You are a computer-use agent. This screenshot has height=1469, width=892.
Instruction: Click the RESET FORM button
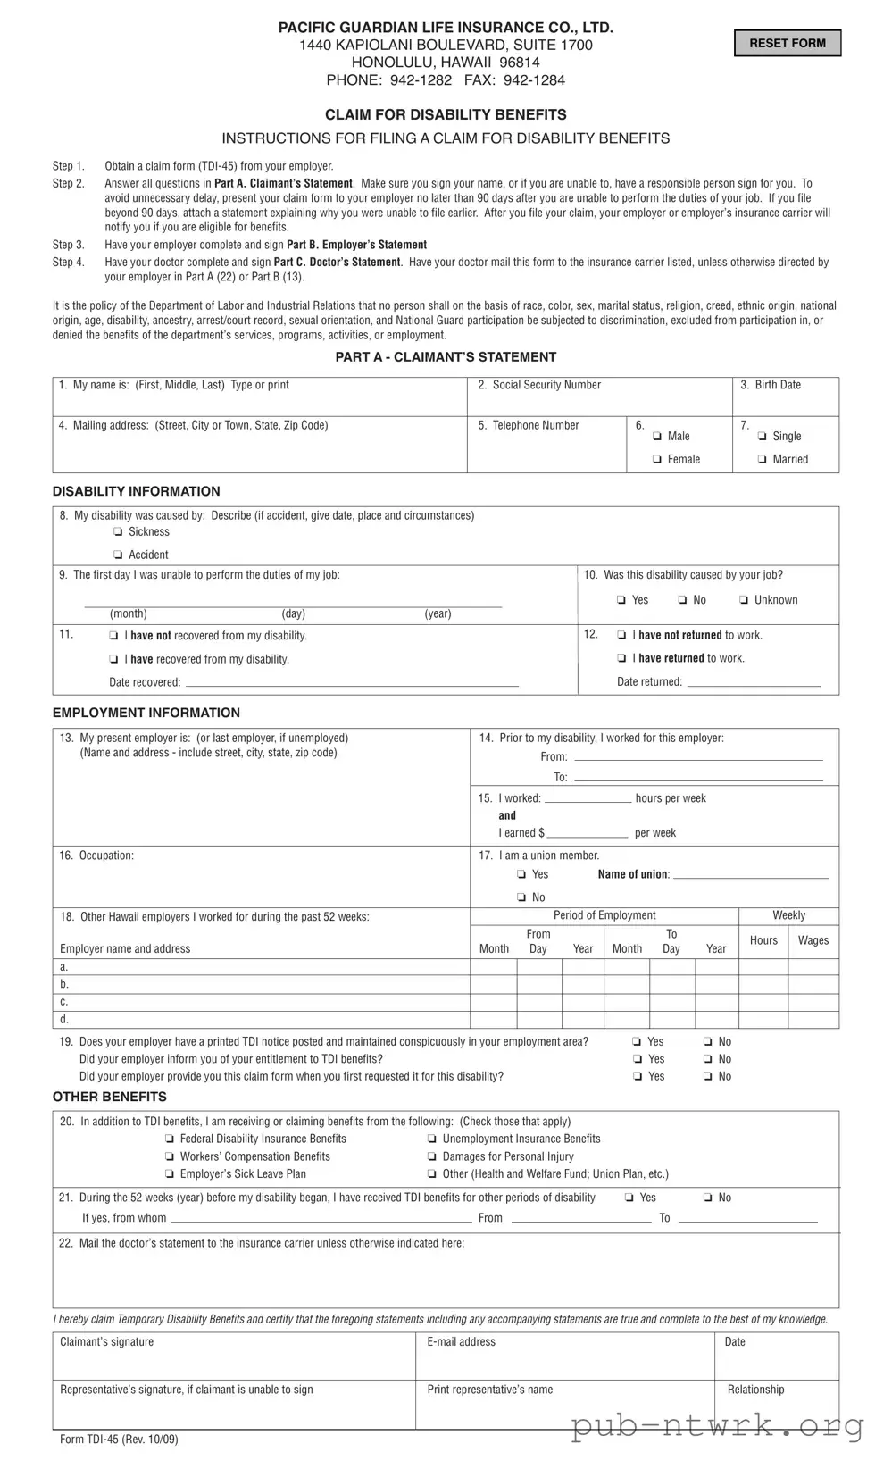pyautogui.click(x=787, y=43)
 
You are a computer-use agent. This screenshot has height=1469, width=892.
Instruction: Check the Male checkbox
pyautogui.click(x=657, y=437)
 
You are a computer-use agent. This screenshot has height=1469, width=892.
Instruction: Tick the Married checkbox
pyautogui.click(x=763, y=460)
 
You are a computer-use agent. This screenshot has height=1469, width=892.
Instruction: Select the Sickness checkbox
pyautogui.click(x=119, y=532)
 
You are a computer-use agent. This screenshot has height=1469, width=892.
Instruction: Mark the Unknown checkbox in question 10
pyautogui.click(x=744, y=600)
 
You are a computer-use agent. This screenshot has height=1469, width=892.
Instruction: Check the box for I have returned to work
pyautogui.click(x=621, y=659)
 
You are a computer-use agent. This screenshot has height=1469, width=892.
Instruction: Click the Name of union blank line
pyautogui.click(x=750, y=875)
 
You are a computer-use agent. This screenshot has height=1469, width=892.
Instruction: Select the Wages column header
pyautogui.click(x=813, y=940)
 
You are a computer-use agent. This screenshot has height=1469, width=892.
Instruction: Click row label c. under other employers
pyautogui.click(x=63, y=1002)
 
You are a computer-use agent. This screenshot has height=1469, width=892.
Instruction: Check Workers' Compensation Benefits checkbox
pyautogui.click(x=170, y=1157)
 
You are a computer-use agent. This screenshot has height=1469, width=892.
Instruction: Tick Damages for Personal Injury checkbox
pyautogui.click(x=432, y=1157)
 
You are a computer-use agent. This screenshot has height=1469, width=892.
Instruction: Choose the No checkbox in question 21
pyautogui.click(x=708, y=1198)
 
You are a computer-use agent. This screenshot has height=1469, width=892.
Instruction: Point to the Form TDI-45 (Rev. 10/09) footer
pyautogui.click(x=119, y=1440)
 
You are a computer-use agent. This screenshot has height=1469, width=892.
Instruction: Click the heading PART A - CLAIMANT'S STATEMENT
pyautogui.click(x=446, y=357)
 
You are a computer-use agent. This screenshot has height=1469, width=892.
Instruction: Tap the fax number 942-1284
pyautogui.click(x=534, y=80)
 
